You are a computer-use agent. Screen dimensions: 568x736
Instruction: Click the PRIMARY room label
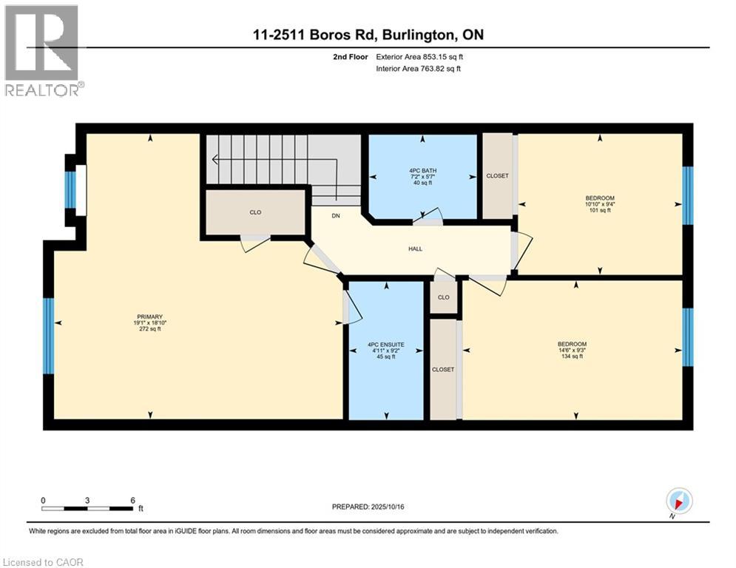[149, 317]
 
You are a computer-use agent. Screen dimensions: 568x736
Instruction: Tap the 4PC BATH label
[422, 171]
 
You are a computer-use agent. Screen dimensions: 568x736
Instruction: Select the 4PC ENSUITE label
[386, 344]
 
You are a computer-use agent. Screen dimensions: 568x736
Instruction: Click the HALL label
[416, 248]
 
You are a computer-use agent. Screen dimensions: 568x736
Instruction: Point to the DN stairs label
[335, 216]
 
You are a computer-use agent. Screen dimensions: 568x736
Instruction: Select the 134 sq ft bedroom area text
[572, 356]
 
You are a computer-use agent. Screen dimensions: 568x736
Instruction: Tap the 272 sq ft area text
[149, 329]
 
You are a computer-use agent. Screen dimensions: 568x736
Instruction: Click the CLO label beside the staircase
[255, 212]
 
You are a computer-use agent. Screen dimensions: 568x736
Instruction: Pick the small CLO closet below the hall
[444, 298]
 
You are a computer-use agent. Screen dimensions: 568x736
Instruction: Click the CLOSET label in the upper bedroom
[496, 176]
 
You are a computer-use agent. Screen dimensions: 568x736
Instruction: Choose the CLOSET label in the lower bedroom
[443, 369]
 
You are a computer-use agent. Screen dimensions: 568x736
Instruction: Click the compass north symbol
[678, 501]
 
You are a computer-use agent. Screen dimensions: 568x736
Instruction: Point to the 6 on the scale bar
[132, 500]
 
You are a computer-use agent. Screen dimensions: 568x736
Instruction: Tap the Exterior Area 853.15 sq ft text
[420, 57]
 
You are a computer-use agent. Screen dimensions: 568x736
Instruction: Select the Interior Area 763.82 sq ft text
[419, 69]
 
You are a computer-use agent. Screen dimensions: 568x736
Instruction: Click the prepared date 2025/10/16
[369, 507]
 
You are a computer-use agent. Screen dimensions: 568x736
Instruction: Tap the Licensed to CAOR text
[43, 562]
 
